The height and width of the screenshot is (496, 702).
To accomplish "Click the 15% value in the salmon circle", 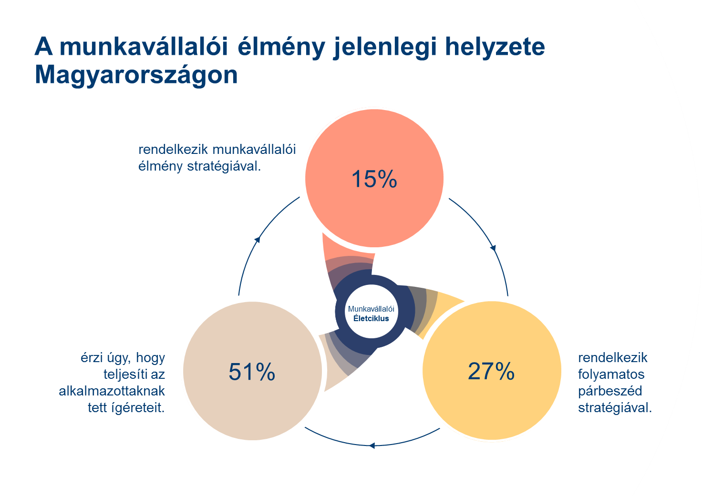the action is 374,179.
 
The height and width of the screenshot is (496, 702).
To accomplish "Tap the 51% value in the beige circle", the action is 252,372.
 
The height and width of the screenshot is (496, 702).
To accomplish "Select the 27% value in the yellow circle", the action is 491,371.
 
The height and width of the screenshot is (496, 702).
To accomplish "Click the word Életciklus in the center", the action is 371,318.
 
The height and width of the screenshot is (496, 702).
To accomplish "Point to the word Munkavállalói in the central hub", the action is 371,309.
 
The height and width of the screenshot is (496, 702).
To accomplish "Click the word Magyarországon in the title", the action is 136,75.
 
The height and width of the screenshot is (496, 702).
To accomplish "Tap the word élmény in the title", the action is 281,48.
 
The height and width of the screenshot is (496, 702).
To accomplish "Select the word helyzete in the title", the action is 495,47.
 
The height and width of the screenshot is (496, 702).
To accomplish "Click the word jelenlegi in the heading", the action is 385,48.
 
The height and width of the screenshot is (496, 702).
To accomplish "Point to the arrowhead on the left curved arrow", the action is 258,239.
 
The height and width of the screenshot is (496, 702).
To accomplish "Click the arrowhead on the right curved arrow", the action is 493,248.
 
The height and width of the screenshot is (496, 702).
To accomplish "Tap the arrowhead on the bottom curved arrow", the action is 372,445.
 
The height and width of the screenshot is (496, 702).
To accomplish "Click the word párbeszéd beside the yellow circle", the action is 610,391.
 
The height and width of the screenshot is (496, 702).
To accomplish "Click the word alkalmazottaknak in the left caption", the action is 112,391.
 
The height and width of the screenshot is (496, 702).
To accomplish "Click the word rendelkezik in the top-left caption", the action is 173,150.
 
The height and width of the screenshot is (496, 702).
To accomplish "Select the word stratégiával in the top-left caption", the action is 224,167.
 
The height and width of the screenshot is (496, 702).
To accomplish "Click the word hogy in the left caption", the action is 150,358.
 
